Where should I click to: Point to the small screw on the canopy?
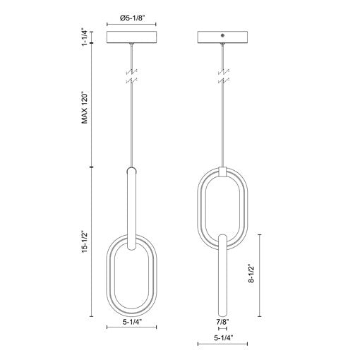pyautogui.click(x=224, y=34)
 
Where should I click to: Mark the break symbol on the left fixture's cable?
pyautogui.click(x=132, y=77)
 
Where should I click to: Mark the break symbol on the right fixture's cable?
pyautogui.click(x=222, y=77)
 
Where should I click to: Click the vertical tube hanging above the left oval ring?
pyautogui.click(x=132, y=205)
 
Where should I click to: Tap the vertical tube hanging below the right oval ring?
pyautogui.click(x=222, y=275)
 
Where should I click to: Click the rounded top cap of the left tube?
pyautogui.click(x=132, y=170)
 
